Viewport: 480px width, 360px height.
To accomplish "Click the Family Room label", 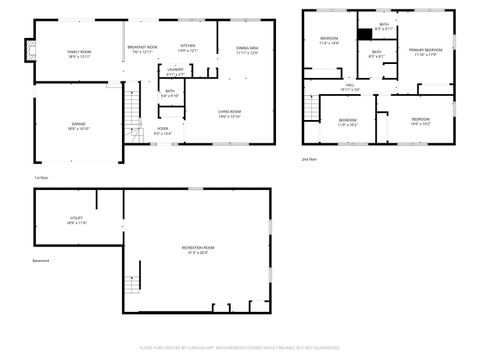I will (79, 53).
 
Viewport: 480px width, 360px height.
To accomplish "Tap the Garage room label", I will (79, 127).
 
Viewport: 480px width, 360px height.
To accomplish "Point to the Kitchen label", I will (188, 47).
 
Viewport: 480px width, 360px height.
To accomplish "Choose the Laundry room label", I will (175, 72).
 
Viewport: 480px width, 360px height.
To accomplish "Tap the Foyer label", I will (163, 130).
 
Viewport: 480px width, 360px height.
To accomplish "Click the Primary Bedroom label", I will (425, 51).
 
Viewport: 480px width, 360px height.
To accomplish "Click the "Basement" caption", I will (40, 261).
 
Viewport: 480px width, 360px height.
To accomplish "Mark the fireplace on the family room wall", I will (29, 46).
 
